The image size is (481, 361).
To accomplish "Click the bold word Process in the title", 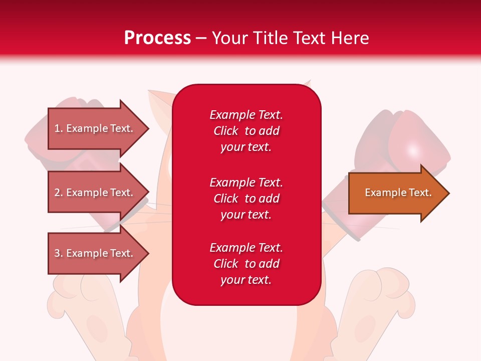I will pos(157,38).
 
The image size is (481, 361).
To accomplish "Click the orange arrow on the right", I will pos(396,193).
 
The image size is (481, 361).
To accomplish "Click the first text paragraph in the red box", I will pos(246,131).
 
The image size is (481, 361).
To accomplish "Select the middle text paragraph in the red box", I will pos(246,199).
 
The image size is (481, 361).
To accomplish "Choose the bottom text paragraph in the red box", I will pos(246,264).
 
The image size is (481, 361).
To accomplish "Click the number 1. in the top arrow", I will pos(59,128).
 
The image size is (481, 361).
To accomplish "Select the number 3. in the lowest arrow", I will pos(59,253).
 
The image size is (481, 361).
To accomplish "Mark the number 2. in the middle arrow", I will pos(59,193).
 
